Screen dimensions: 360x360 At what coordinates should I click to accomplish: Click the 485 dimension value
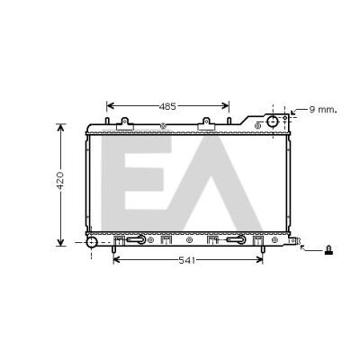[167, 106]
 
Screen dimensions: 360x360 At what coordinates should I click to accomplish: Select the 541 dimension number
[187, 261]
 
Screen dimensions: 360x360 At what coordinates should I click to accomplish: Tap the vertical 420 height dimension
[60, 181]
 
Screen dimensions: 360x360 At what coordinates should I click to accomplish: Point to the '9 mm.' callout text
[323, 110]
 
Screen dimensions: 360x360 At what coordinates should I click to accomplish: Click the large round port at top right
[273, 121]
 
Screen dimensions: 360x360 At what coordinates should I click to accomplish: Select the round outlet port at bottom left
[92, 242]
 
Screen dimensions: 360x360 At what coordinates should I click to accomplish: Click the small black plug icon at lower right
[329, 250]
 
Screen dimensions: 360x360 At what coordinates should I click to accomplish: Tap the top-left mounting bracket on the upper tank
[125, 124]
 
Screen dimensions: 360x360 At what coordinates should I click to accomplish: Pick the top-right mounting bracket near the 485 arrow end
[206, 124]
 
